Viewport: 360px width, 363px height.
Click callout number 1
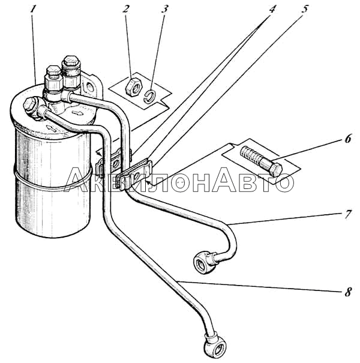(x=34, y=10)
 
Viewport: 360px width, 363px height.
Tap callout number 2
(x=125, y=9)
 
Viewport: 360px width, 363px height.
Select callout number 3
(x=164, y=9)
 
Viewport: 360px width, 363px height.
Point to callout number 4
(x=272, y=9)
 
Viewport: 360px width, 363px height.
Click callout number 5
(x=305, y=9)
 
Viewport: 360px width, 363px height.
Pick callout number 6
(x=348, y=139)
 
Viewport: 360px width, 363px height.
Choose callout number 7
(x=348, y=214)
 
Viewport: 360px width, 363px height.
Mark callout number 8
(x=348, y=292)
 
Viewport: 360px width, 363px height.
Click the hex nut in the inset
(x=133, y=87)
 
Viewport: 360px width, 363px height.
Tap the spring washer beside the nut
(x=149, y=96)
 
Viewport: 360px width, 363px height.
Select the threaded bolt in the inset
(x=261, y=160)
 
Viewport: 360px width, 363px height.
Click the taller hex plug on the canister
(x=71, y=71)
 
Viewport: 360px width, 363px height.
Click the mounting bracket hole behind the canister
(x=89, y=87)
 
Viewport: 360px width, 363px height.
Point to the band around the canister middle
(x=52, y=179)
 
